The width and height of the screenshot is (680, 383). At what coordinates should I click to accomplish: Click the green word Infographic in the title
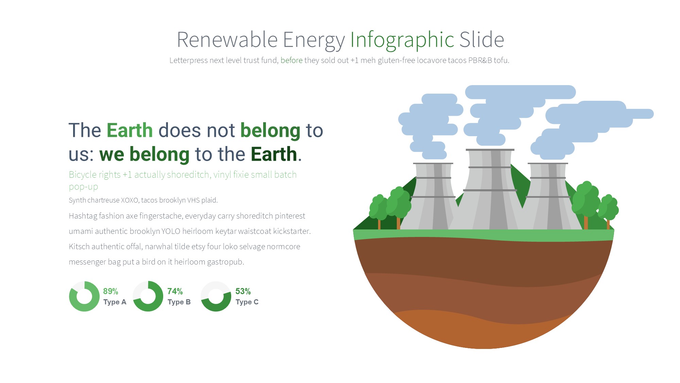coord(402,40)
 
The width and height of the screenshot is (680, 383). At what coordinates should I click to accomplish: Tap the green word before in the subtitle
coord(291,60)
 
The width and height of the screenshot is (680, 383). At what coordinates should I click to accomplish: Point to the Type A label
coord(115,302)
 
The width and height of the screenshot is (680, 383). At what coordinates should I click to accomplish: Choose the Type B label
coord(179,302)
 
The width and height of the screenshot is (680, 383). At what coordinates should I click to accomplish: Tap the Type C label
coord(247,302)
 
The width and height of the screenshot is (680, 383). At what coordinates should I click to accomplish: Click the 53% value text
coord(243,291)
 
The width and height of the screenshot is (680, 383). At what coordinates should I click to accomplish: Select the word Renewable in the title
coord(227,39)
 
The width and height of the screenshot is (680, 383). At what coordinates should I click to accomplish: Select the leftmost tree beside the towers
coord(379,211)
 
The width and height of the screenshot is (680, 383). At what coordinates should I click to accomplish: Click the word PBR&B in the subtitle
coord(480,60)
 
